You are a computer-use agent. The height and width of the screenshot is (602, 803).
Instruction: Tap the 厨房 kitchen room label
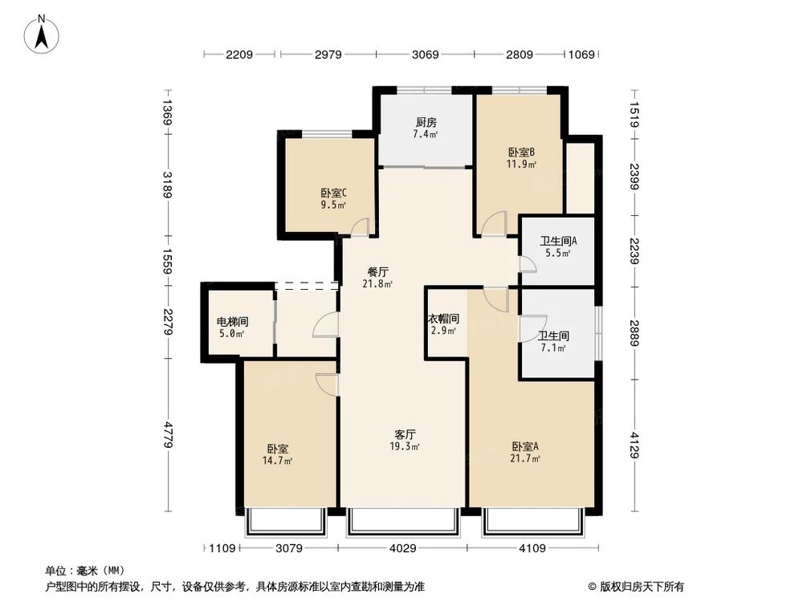pos(426,123)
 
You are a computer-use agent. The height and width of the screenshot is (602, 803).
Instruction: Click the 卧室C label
pos(333,193)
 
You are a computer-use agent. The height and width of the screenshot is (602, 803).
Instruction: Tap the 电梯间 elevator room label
pos(232,322)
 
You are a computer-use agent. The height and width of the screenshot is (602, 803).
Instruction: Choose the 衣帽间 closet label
pos(443,319)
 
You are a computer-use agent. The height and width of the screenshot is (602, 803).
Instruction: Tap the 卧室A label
pos(525,446)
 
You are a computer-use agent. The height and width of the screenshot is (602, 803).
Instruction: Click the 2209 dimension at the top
pos(239,55)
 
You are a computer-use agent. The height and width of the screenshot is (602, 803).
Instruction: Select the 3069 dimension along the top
pos(425,55)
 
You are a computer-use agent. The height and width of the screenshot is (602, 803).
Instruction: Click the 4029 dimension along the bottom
pos(404,549)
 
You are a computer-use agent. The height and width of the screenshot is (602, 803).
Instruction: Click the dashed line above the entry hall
pos(307,285)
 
